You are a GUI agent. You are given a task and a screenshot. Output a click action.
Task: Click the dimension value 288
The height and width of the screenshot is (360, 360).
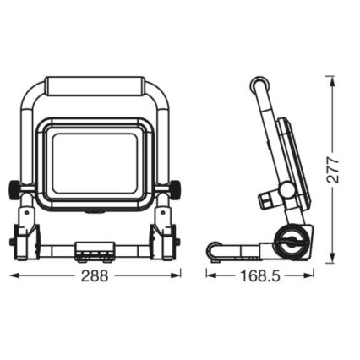pos(97,276)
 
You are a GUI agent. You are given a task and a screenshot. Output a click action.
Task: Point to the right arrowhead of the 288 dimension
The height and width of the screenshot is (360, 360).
pos(178,275)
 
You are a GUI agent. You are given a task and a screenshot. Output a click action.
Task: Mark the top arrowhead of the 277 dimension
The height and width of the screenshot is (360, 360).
pos(332,79)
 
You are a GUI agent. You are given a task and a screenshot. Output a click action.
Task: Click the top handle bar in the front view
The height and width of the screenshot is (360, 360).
pos(96,86)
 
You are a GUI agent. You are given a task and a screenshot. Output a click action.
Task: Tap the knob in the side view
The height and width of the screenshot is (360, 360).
pos(270,200)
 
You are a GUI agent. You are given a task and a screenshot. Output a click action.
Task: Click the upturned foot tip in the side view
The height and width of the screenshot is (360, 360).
pos(213,249)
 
